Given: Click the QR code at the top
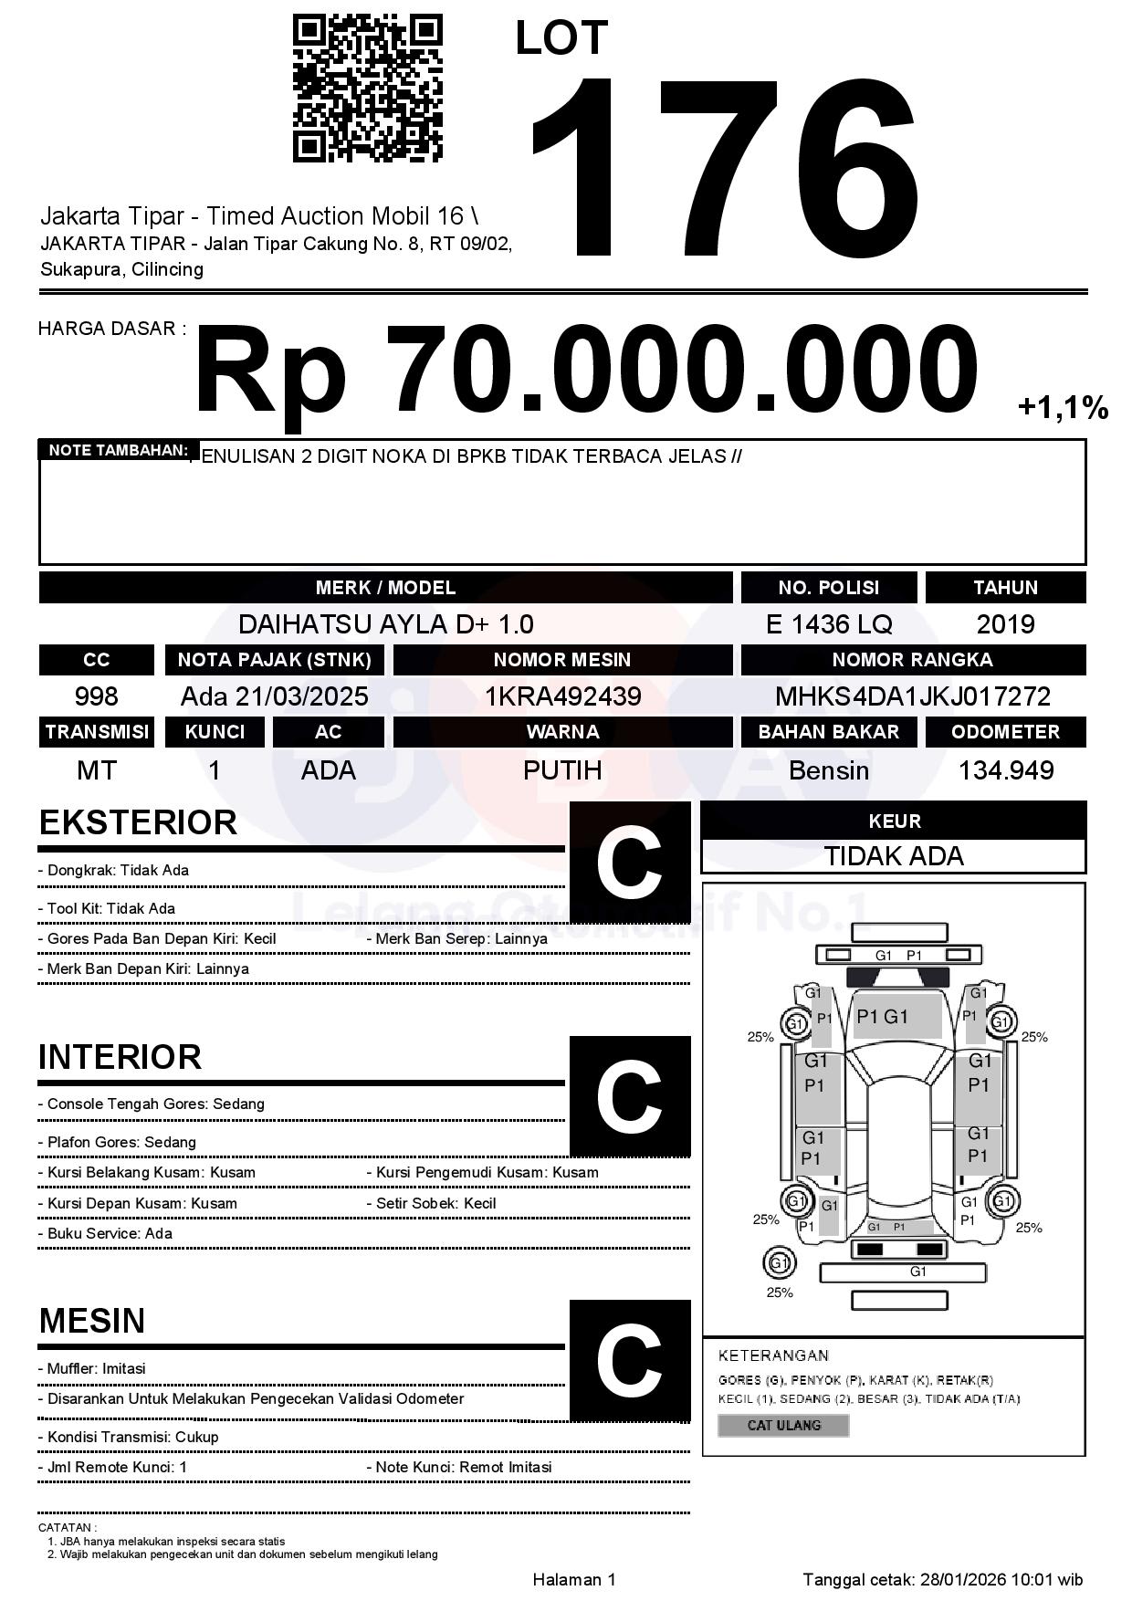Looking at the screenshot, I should (367, 89).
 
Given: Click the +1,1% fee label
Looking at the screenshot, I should (1063, 407).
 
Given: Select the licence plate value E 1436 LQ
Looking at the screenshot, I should (829, 624).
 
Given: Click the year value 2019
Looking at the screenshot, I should (1005, 624).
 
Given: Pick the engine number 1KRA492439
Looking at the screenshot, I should (562, 696).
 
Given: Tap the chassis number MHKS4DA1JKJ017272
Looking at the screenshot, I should (913, 696).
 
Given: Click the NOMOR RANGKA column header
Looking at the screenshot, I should (913, 660).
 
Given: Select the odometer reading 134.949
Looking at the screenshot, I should (1005, 770).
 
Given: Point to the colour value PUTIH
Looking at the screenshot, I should (562, 770).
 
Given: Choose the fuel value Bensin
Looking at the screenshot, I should (829, 770).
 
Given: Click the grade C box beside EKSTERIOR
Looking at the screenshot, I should (630, 862).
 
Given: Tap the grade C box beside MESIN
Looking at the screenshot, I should (630, 1361).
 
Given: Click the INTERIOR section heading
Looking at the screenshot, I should (120, 1057).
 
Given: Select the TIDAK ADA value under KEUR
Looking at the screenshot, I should (894, 856).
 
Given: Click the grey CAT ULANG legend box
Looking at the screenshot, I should (783, 1425).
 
